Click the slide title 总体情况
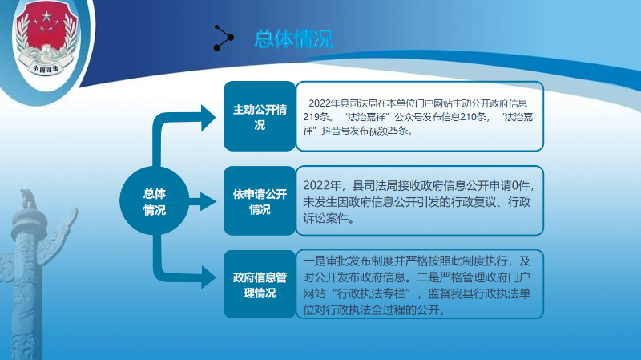click(293, 38)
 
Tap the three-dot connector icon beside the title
click(224, 38)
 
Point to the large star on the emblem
click(46, 17)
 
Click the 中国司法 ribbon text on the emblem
click(46, 68)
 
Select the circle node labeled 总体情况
click(155, 201)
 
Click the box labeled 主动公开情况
click(260, 116)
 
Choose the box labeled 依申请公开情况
click(260, 201)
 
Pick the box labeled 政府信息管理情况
click(260, 285)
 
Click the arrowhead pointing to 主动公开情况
click(208, 118)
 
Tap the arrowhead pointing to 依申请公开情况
click(208, 202)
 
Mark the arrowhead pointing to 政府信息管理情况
click(208, 277)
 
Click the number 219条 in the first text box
click(316, 117)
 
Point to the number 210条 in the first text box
click(474, 117)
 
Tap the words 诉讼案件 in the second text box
click(325, 218)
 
